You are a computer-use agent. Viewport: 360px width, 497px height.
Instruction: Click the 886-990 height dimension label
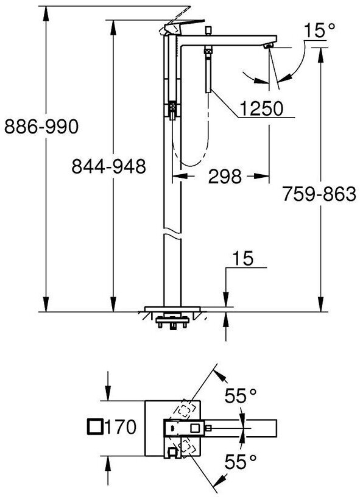click(41, 127)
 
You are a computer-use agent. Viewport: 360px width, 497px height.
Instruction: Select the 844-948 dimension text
click(108, 166)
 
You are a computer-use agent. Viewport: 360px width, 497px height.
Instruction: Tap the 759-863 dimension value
click(319, 194)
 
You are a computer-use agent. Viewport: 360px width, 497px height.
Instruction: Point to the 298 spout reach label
click(225, 176)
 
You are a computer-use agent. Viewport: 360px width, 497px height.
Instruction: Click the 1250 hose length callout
click(261, 108)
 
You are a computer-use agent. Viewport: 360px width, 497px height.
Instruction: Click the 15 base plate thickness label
click(243, 258)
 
